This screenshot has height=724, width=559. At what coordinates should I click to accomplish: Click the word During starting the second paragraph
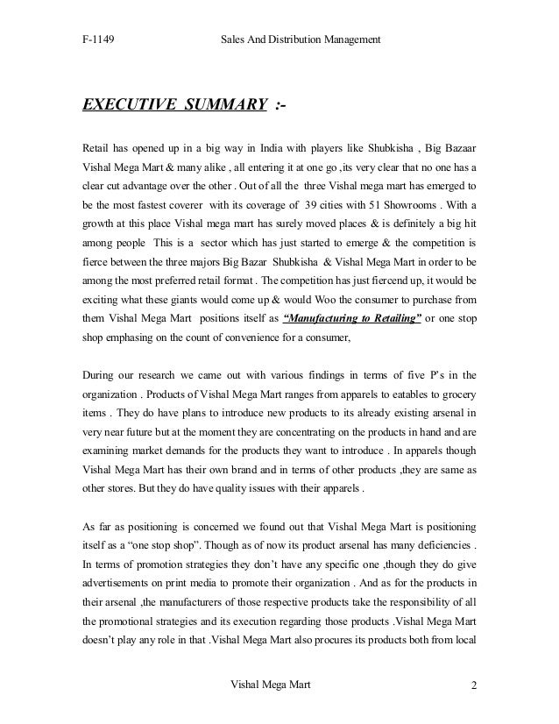click(102, 377)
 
